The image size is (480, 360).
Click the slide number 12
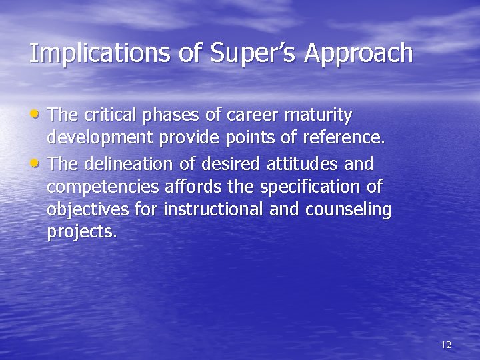pyautogui.click(x=446, y=345)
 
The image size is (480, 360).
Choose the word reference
pyautogui.click(x=345, y=139)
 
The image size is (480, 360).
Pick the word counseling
pyautogui.click(x=348, y=210)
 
